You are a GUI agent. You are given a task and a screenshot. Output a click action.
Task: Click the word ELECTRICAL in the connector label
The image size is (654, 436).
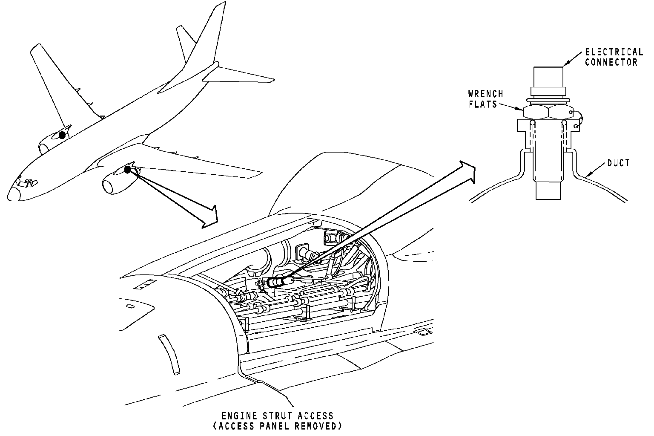[x=614, y=52]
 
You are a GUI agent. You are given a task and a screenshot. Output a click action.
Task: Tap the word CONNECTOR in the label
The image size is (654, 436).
[x=611, y=62]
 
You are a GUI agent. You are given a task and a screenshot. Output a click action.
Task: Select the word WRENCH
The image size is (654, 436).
[x=485, y=94]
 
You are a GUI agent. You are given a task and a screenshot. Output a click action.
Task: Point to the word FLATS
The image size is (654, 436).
[x=483, y=104]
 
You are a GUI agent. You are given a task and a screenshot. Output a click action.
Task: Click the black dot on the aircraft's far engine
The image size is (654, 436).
[x=62, y=135]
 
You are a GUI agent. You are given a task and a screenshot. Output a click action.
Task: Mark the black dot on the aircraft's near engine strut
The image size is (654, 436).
[x=127, y=170]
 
